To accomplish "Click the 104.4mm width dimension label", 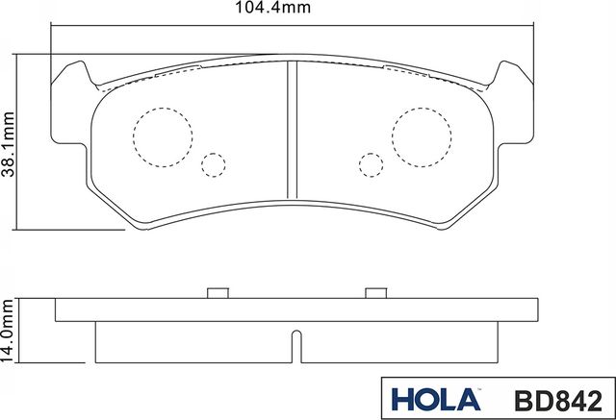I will click(x=293, y=11).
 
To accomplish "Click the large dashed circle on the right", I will click(x=421, y=134).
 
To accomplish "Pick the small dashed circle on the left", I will click(x=214, y=164).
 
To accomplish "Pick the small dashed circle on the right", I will click(x=370, y=164).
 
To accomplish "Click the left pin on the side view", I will click(x=217, y=293).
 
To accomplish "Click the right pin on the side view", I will click(x=373, y=293).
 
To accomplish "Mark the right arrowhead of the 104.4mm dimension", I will click(x=532, y=28).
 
